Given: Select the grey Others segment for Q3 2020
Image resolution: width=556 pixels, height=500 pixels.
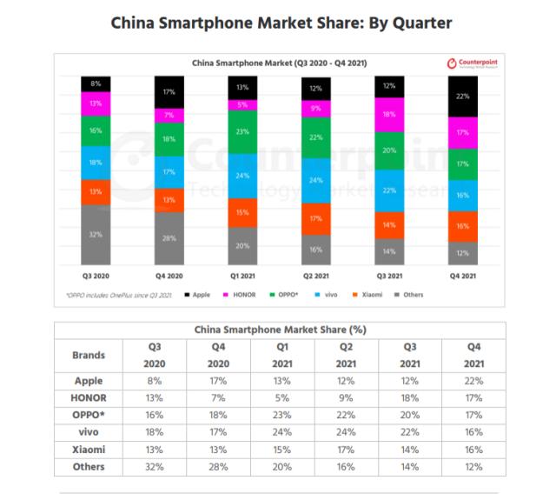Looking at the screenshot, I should click(96, 234).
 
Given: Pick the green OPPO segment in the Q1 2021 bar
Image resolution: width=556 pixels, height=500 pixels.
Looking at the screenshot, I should click(243, 132).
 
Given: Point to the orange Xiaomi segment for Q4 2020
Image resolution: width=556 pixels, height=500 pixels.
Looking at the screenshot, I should click(169, 199).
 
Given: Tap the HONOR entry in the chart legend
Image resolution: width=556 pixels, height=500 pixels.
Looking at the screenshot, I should click(241, 295).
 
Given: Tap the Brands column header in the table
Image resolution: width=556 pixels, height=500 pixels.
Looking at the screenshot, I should click(89, 355).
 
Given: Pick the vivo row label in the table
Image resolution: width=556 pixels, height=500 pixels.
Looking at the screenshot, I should click(89, 431).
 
